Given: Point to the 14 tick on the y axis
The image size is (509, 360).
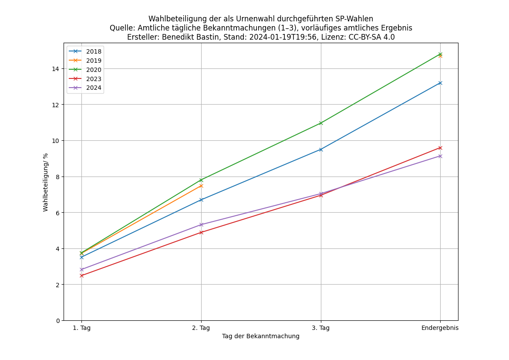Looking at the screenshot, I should pos(56,69).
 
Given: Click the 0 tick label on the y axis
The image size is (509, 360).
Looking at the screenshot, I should pos(58,321).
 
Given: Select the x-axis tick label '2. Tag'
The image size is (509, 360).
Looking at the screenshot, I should pos(201,328).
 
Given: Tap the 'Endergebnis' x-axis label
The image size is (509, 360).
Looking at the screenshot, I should pos(440,328).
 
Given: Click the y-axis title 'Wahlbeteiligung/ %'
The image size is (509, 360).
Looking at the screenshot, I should pos(46,182).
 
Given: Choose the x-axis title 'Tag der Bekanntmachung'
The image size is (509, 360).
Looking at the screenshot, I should pos(261,336).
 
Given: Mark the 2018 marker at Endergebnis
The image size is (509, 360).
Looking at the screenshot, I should pos(440,83).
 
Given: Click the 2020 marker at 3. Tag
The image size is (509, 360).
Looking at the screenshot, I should pos(321,123).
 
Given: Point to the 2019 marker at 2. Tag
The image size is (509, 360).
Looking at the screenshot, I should pos(201,186).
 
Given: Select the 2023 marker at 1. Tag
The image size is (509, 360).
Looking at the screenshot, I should pos(81,275).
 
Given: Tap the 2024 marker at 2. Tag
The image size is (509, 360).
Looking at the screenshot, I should pos(201,225).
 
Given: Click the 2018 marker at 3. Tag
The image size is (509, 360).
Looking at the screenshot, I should pos(321,149).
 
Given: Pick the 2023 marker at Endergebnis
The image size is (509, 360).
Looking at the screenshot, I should pos(440,148).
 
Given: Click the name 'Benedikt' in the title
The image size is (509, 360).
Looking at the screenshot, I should pos(178,37).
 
